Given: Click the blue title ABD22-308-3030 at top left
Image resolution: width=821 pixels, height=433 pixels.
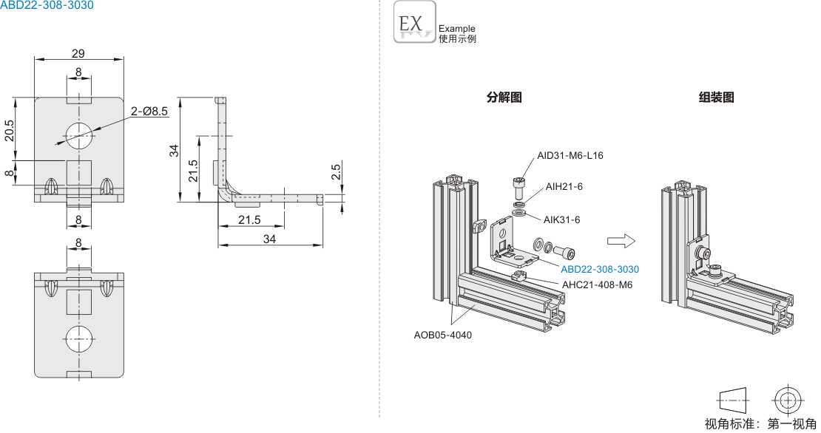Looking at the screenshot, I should (x=47, y=5).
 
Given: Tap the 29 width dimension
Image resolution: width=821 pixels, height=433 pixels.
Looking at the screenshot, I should (x=78, y=52).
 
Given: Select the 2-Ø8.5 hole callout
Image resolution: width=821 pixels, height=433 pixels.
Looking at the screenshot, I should (x=150, y=111).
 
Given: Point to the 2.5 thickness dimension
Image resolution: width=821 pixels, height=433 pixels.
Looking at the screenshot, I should (x=336, y=172).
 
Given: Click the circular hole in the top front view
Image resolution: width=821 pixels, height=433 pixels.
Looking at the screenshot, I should (x=78, y=133).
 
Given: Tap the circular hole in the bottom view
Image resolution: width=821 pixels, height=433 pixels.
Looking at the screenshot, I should (x=78, y=341).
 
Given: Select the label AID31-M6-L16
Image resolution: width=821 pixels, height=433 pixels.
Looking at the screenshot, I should (x=570, y=155).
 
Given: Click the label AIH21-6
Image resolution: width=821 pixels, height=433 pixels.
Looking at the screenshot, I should (x=564, y=186).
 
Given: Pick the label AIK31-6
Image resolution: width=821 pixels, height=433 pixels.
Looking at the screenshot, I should (x=562, y=219).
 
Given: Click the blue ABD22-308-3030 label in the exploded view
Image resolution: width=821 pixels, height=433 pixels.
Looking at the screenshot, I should (x=600, y=270).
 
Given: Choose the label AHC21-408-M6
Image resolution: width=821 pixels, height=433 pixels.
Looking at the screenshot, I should (x=598, y=284).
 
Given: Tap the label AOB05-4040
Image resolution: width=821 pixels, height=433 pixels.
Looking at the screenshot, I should (x=442, y=335).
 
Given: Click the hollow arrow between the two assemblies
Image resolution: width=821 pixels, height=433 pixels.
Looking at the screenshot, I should (x=621, y=241).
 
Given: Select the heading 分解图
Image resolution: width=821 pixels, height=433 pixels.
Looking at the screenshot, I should (x=504, y=97).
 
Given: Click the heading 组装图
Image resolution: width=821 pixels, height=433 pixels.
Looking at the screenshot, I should (x=717, y=97).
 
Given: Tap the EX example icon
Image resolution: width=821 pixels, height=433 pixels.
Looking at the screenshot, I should (x=415, y=23).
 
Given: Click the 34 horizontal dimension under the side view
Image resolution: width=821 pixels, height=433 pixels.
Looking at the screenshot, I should (x=269, y=239).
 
